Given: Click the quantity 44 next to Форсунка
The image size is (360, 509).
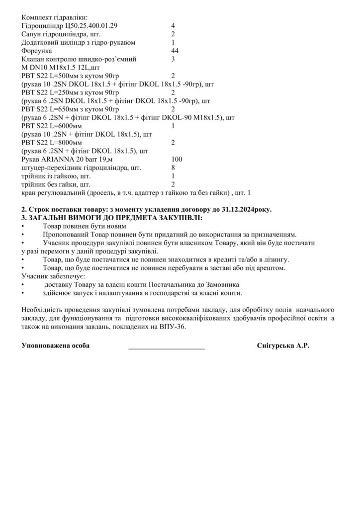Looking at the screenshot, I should point(175,51).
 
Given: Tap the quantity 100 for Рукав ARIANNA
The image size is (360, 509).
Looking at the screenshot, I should point(177,159).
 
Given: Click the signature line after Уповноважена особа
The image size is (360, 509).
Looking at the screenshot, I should point(167,346).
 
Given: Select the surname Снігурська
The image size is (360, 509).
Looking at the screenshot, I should point(276,345).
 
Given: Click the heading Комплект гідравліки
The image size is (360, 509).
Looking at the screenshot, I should point(55,16).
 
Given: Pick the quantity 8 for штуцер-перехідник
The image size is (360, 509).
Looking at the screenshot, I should point(173,168).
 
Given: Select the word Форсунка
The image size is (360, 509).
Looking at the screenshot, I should point(37,51).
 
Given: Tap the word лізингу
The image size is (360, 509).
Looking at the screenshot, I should point(275,259).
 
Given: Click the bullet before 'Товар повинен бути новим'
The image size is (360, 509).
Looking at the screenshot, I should point(24,226).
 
